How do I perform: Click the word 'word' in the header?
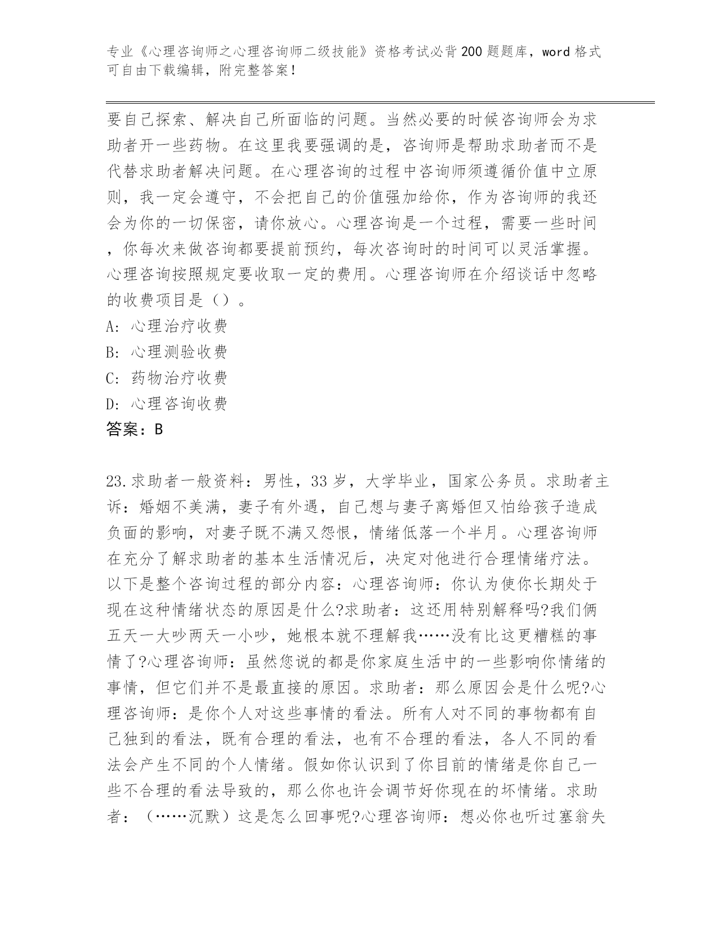[556, 52]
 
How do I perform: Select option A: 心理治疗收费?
[167, 326]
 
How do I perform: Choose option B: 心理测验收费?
[167, 352]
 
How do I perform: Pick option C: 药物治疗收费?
[167, 378]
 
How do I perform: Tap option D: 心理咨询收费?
[167, 404]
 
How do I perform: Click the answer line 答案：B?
[135, 430]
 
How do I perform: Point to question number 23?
[117, 482]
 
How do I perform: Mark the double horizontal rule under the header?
[380, 102]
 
